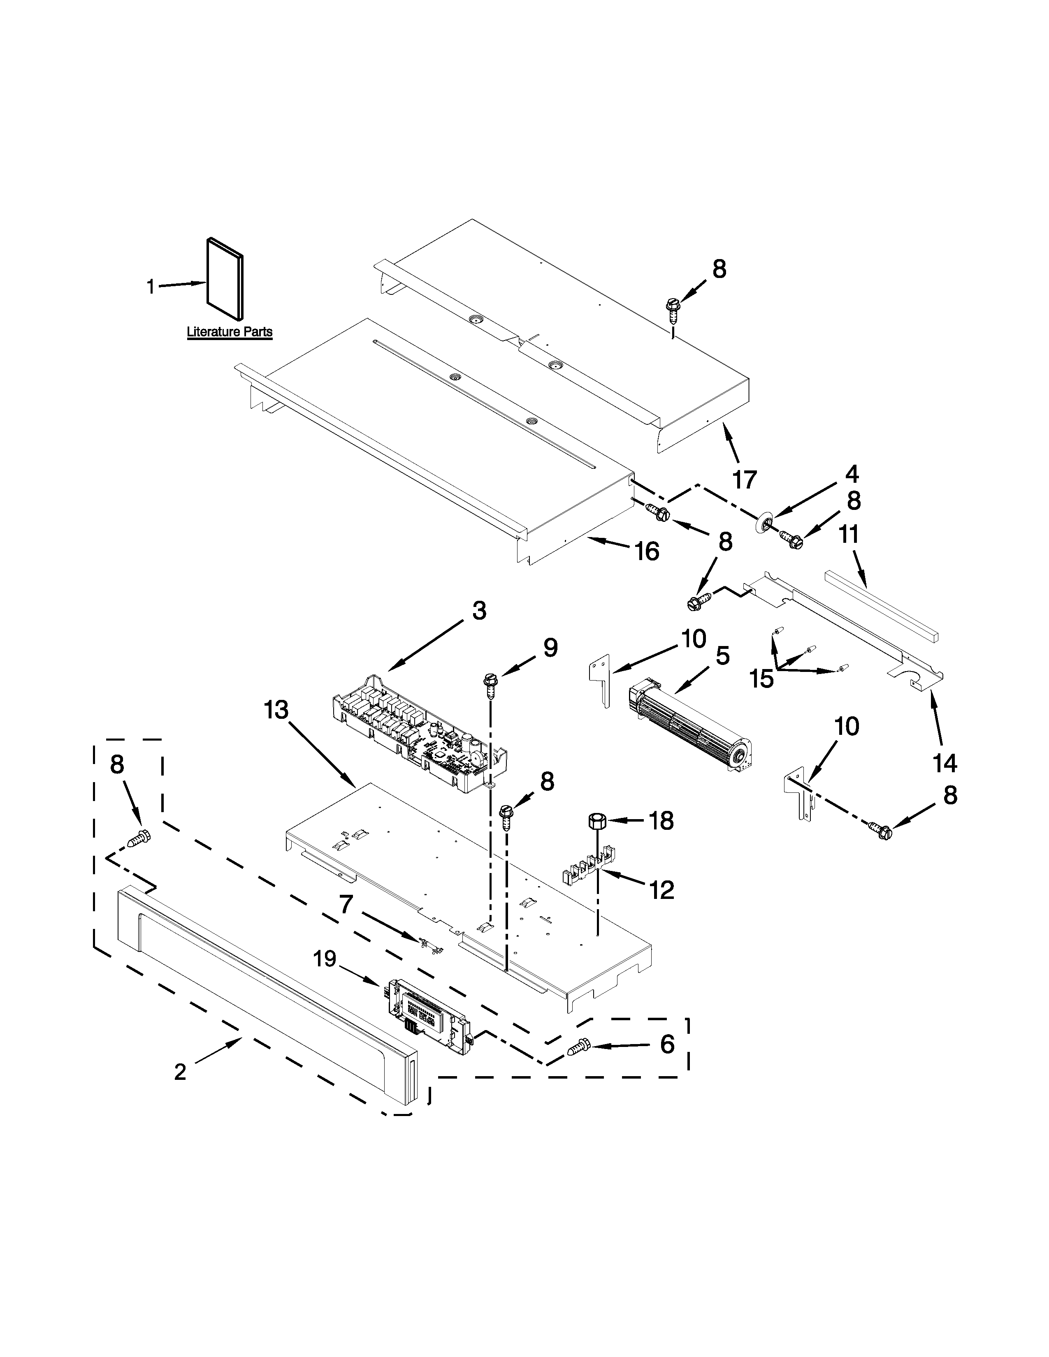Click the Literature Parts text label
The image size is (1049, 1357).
click(x=229, y=332)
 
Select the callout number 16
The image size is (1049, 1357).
click(x=647, y=551)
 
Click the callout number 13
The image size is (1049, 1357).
click(x=276, y=710)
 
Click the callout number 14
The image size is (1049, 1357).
click(x=945, y=763)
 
